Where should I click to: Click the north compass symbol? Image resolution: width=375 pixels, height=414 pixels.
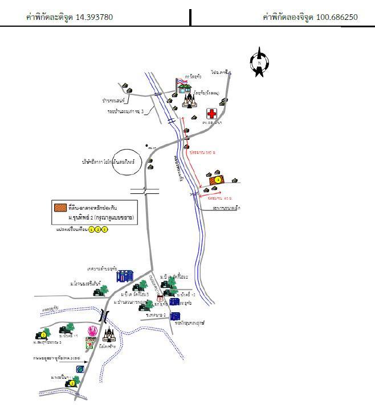(259, 62)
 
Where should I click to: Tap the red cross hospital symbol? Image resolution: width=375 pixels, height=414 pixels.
(211, 114)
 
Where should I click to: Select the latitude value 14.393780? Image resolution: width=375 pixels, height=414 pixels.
(92, 17)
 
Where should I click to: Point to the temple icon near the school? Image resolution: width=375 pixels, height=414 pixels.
(189, 101)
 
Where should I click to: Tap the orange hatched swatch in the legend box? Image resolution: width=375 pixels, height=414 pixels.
(60, 207)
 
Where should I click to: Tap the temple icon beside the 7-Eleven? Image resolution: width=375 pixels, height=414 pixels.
(107, 336)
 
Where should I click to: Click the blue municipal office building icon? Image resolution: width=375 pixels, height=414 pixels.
(124, 276)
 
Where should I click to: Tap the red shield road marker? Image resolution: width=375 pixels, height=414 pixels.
(160, 299)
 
